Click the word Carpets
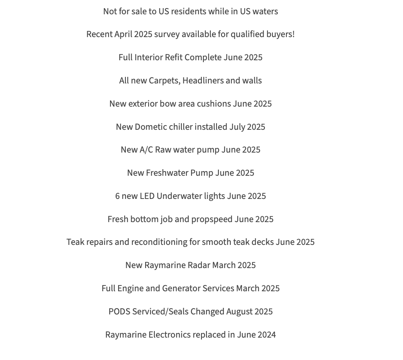point(164,81)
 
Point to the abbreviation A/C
point(146,150)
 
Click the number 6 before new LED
point(117,196)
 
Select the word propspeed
point(212,219)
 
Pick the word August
point(240,312)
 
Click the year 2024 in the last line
point(266,335)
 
